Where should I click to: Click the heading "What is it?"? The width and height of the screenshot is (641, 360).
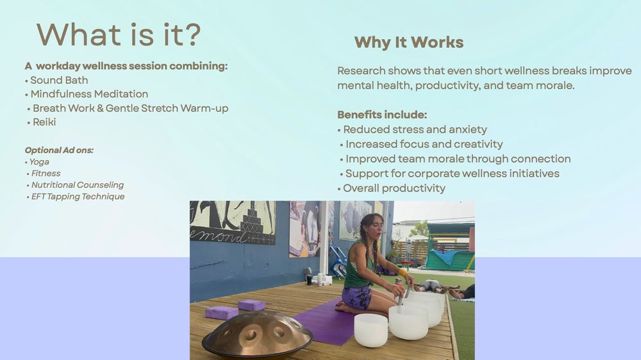(x=119, y=35)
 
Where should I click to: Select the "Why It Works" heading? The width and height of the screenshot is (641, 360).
(x=409, y=42)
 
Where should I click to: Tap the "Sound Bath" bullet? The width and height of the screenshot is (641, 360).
(x=59, y=80)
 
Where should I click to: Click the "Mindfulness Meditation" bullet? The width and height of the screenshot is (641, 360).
(x=89, y=94)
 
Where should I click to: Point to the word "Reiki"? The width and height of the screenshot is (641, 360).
(x=44, y=122)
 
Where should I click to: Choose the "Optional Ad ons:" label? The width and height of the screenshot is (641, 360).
(x=59, y=151)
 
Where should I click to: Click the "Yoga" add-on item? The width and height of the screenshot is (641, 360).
(x=39, y=162)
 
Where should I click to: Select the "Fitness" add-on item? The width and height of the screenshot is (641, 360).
(x=46, y=174)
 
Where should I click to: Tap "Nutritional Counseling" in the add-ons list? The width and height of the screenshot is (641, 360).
(x=78, y=185)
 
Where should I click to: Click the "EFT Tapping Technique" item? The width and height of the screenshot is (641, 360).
(x=78, y=197)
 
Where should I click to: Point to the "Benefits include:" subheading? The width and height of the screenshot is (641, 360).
(x=382, y=115)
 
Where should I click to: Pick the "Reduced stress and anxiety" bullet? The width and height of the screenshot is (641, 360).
(x=415, y=129)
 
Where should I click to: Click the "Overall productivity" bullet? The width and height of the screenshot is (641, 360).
(x=394, y=188)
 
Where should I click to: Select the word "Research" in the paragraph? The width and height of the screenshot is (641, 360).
(x=362, y=70)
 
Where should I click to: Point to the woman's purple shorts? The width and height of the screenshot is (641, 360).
(x=356, y=296)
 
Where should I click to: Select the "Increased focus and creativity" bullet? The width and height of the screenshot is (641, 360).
(x=424, y=144)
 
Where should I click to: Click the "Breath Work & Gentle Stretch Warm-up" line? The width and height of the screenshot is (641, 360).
(x=130, y=108)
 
